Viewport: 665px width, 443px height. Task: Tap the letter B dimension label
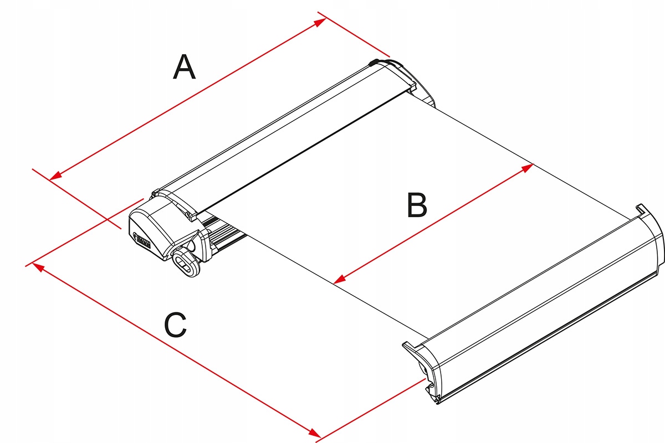[417, 205]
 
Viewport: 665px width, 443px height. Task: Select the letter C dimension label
[176, 325]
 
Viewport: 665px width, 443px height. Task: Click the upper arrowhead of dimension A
[320, 22]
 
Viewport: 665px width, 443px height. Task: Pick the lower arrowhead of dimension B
[340, 279]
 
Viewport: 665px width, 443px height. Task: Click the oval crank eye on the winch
[186, 263]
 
